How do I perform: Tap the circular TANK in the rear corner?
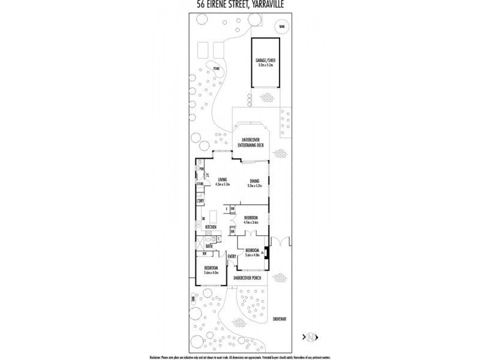click(281, 26)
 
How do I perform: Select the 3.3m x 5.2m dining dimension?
click(254, 185)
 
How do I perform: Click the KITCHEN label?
click(211, 227)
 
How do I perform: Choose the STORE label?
click(199, 184)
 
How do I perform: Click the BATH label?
click(209, 246)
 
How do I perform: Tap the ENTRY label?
click(232, 257)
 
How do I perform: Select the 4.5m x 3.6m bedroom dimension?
click(251, 222)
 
